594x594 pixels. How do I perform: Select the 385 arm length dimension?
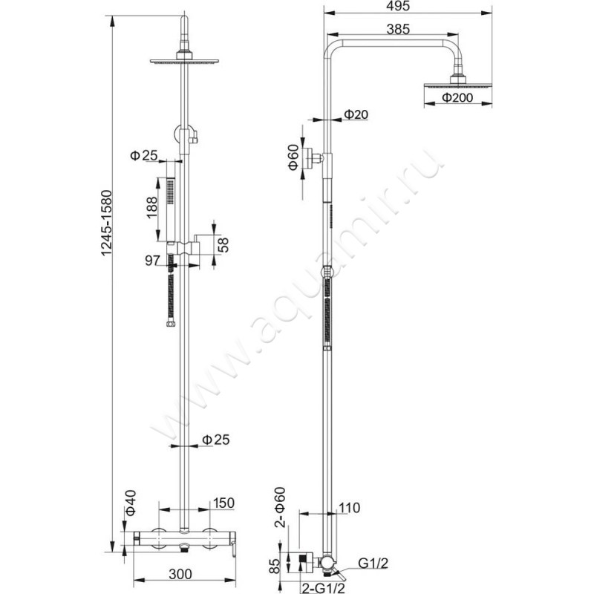pos(398,30)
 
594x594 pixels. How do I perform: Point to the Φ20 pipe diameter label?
pos(356,114)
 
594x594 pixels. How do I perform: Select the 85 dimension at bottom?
pos(275,566)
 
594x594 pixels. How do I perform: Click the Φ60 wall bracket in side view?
pos(316,157)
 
